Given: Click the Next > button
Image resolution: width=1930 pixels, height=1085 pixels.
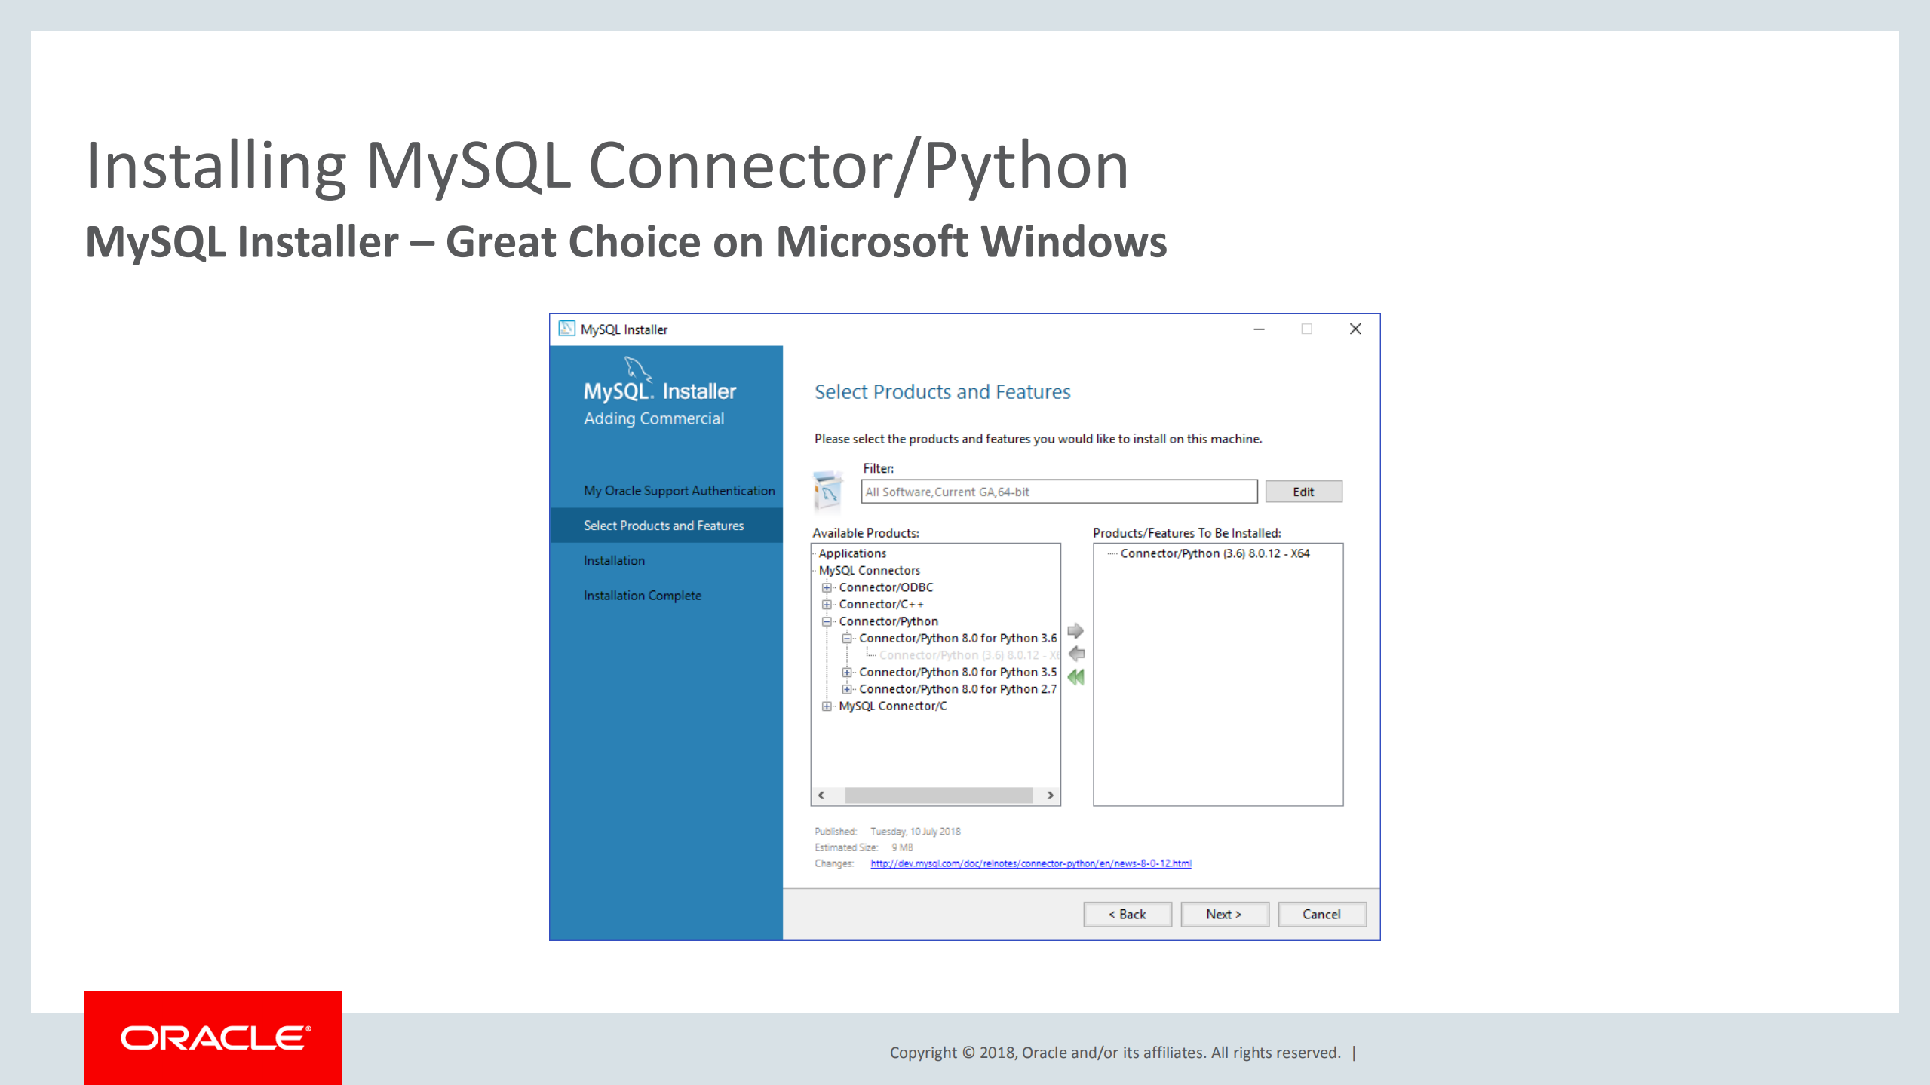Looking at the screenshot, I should pos(1223,914).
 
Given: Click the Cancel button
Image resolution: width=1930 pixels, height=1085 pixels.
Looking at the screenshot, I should pos(1321,914).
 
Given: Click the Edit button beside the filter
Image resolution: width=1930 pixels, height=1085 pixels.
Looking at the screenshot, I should pos(1303,492).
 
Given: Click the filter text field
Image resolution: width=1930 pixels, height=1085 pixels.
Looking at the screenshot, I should pos(1059,492).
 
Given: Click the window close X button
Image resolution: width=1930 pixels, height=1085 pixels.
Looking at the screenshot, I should pos(1355,329).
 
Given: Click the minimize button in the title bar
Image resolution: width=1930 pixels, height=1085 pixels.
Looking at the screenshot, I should pos(1259,329).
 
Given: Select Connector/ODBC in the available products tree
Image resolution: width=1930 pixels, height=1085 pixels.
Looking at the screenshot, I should pos(886,587).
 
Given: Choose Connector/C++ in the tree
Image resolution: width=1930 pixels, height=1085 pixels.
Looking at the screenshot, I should pos(881,605).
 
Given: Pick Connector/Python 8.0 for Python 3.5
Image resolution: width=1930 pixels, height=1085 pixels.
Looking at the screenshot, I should pos(958,672).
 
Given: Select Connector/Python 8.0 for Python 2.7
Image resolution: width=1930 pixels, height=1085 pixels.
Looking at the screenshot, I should pos(958,689).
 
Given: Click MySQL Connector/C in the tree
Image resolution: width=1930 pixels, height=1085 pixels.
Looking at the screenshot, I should pos(893,706).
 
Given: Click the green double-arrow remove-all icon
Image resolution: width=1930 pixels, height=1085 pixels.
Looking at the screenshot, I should pos(1076,677).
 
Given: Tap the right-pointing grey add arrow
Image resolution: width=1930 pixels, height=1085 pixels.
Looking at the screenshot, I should pos(1076,630).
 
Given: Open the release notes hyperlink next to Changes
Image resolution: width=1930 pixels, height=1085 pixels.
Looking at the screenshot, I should pos(1031,863).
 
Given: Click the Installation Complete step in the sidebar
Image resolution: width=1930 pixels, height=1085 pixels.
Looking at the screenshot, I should pos(643,596).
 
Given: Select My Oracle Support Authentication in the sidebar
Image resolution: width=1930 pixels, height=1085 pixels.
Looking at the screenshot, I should pos(679,491).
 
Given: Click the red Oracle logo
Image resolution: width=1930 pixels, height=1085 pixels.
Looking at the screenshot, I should pos(213,1037).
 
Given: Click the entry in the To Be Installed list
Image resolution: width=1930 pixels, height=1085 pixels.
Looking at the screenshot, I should pos(1215,553).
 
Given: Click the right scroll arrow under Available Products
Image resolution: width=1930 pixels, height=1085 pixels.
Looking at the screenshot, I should pos(1050,795).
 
